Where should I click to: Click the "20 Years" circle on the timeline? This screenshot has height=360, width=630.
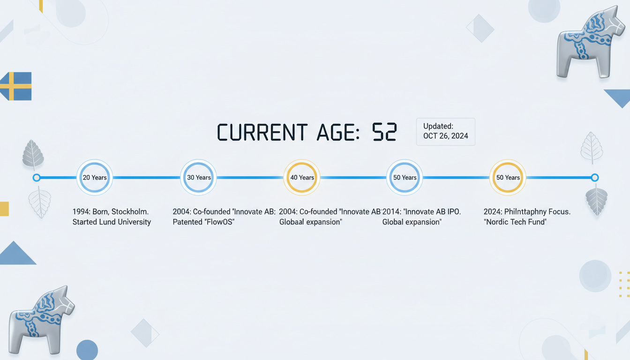(x=95, y=178)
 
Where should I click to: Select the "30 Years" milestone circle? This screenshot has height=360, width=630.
(x=199, y=178)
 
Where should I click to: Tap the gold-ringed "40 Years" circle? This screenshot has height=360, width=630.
(x=302, y=178)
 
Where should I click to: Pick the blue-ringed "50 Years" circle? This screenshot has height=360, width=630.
(x=405, y=178)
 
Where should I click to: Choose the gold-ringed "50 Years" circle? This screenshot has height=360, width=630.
(x=508, y=178)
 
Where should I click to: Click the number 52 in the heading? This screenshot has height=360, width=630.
(x=384, y=132)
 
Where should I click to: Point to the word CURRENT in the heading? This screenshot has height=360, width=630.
(x=262, y=132)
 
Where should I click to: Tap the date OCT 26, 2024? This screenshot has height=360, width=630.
(x=446, y=136)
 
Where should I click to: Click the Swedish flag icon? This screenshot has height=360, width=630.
(x=16, y=86)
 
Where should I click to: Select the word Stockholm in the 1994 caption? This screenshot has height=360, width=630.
(x=130, y=211)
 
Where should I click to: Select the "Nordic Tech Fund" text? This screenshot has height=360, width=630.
(x=515, y=222)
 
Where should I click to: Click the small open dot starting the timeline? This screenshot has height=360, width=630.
(x=36, y=178)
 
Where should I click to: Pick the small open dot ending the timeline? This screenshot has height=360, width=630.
(x=594, y=178)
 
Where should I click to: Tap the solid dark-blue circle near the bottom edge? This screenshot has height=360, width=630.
(x=87, y=350)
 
